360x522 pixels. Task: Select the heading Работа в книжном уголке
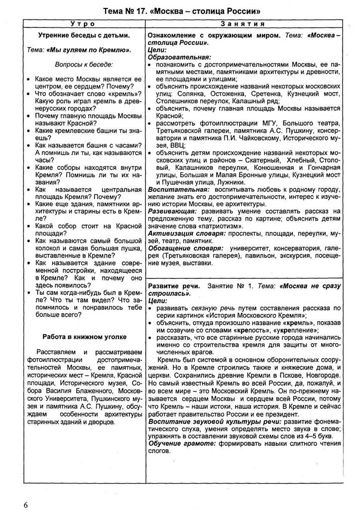(84, 337)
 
